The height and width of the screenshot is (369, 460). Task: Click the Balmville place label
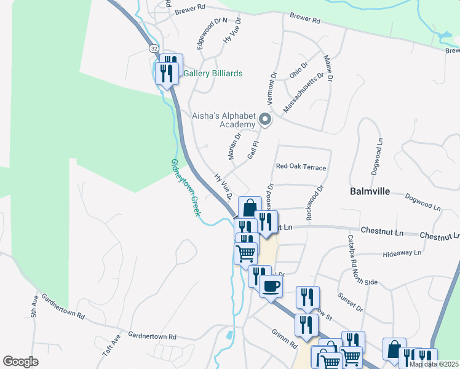pyautogui.click(x=370, y=191)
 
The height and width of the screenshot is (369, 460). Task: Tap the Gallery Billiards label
pyautogui.click(x=213, y=74)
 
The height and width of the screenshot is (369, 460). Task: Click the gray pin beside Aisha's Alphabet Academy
pyautogui.click(x=265, y=119)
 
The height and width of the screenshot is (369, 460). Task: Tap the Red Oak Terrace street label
pyautogui.click(x=301, y=167)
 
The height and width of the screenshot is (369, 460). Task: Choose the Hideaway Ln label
pyautogui.click(x=401, y=253)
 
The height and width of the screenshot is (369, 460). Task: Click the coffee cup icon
pyautogui.click(x=271, y=286)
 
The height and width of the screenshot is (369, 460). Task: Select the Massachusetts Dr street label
pyautogui.click(x=303, y=93)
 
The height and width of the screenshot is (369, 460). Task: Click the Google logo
pyautogui.click(x=20, y=362)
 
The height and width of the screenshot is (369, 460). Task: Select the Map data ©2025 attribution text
pyautogui.click(x=434, y=364)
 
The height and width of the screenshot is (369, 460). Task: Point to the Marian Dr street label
pyautogui.click(x=235, y=147)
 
